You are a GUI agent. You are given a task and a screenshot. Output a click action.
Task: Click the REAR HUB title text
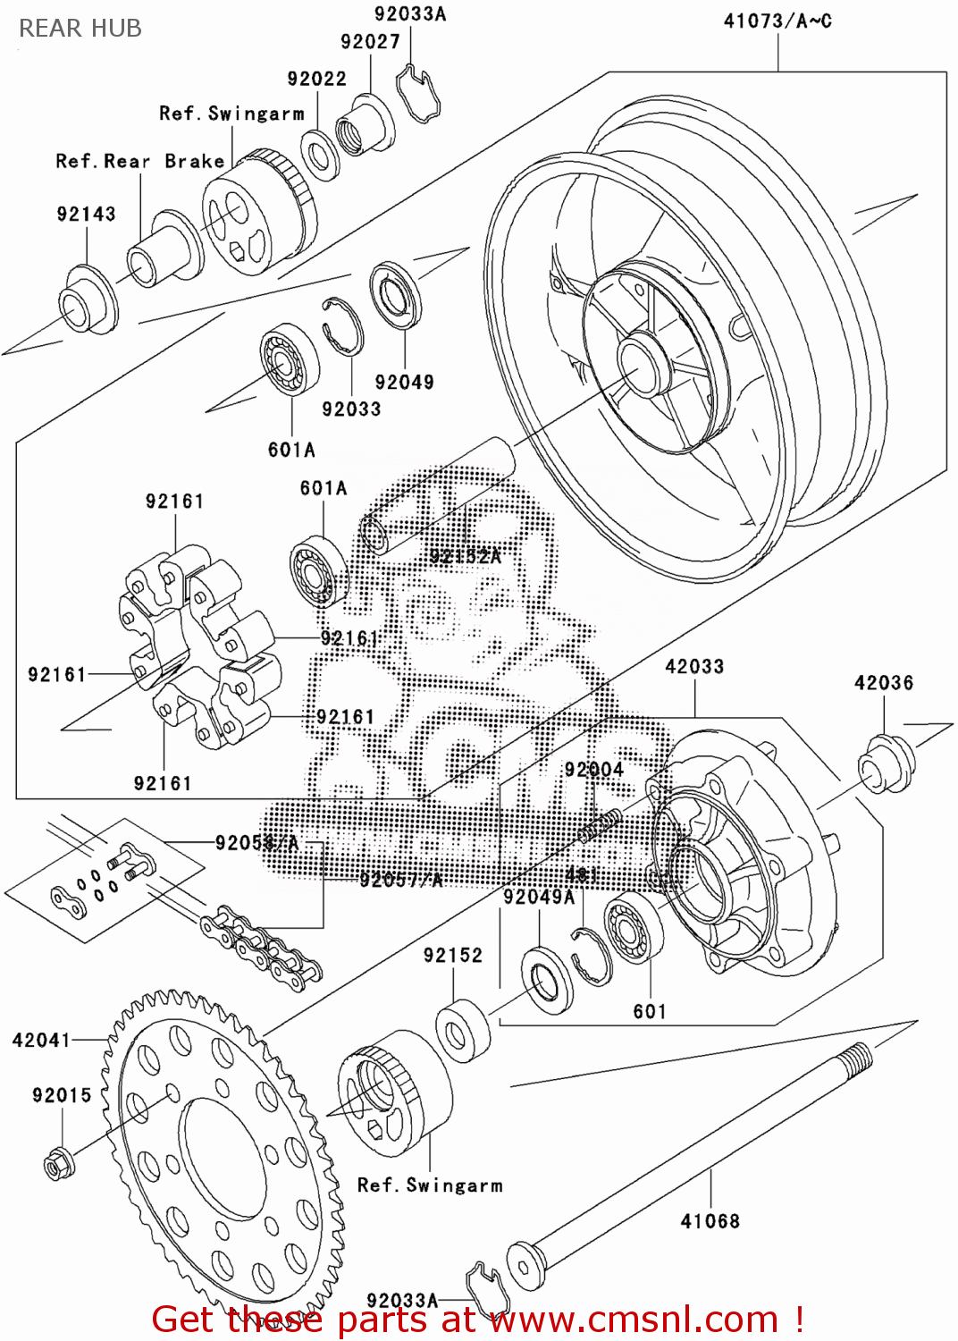point(80,29)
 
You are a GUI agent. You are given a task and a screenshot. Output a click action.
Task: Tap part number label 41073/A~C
point(777,21)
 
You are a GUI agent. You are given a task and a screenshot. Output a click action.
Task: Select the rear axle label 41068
point(710,1220)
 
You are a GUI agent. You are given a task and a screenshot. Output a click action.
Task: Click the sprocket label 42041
point(41,1040)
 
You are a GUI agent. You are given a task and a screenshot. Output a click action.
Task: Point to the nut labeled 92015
point(59,1163)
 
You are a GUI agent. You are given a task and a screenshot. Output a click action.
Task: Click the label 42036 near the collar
point(883,683)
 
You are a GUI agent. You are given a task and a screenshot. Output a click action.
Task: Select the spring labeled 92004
point(599,824)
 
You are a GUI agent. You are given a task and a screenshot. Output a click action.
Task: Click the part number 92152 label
point(452,955)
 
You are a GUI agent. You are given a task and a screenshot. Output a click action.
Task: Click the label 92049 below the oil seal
point(404,382)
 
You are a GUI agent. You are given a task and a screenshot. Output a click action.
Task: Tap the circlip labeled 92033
point(342,326)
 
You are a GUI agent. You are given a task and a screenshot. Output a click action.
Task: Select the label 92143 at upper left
point(86,214)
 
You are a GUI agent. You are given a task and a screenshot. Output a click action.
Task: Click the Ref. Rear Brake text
point(140,161)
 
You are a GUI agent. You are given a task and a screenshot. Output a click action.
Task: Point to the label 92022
point(316,79)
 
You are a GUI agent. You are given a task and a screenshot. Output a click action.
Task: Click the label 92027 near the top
point(370,41)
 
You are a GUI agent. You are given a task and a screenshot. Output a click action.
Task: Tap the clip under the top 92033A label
point(416,94)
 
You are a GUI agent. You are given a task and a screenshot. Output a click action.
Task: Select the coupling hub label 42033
point(694,666)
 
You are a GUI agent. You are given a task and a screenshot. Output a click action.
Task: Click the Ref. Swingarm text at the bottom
point(430,1185)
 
